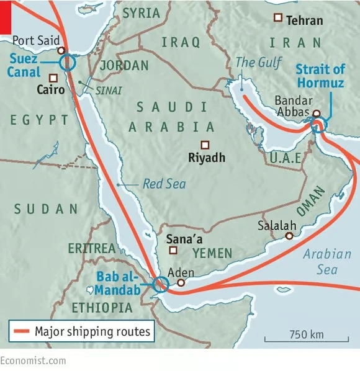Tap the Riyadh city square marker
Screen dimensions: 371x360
pyautogui.click(x=205, y=145)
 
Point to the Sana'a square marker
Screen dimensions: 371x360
pyautogui.click(x=173, y=251)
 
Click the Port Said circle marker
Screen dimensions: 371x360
pyautogui.click(x=61, y=50)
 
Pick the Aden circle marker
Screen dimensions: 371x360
pyautogui.click(x=181, y=283)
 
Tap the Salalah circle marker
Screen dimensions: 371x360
pyautogui.click(x=289, y=236)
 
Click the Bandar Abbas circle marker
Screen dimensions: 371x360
pyautogui.click(x=317, y=114)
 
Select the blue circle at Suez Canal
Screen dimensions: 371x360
pyautogui.click(x=67, y=62)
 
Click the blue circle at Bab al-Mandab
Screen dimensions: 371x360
pyautogui.click(x=160, y=284)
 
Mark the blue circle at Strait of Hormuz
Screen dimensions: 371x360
pyautogui.click(x=318, y=126)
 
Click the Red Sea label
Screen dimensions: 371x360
pyautogui.click(x=164, y=184)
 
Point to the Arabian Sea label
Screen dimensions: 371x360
pyautogui.click(x=320, y=261)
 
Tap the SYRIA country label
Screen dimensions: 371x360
pyautogui.click(x=141, y=13)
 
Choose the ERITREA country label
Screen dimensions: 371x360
pyautogui.click(x=92, y=248)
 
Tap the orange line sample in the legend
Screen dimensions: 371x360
pyautogui.click(x=21, y=332)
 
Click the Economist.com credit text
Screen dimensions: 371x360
pyautogui.click(x=32, y=360)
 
